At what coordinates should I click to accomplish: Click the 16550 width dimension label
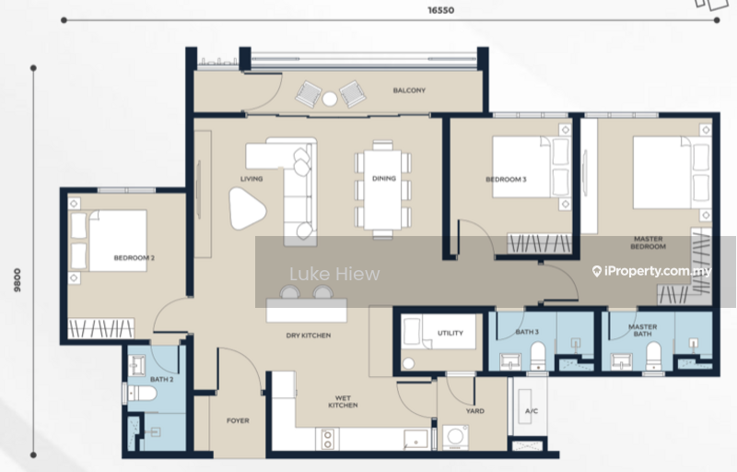point(441,10)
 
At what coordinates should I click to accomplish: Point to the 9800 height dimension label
point(18,280)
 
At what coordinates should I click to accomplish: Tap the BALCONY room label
point(409,90)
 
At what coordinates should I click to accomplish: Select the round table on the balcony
point(330,99)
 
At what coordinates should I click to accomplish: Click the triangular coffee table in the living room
point(246,208)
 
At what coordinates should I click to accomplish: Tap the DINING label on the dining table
point(383,179)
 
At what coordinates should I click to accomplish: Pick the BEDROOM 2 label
point(134,257)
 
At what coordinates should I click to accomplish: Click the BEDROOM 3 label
point(506,179)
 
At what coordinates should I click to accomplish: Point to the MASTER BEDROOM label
point(649,242)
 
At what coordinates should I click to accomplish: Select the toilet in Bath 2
point(141,393)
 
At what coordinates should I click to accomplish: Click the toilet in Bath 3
point(538,356)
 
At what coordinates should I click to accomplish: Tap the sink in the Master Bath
point(621,361)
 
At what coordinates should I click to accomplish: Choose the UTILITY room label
point(450,333)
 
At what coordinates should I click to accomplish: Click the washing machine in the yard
point(455,436)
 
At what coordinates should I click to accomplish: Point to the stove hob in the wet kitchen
point(328,439)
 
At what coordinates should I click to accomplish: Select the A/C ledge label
point(532,411)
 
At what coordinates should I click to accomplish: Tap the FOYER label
point(238,420)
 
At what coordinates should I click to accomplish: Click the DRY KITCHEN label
point(309,336)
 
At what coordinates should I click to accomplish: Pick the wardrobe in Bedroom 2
point(101,328)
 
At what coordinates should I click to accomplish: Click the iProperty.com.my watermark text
point(652,271)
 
